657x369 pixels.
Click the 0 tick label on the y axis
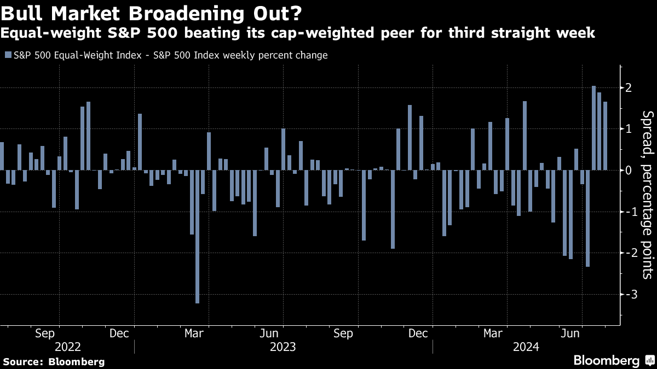(629, 171)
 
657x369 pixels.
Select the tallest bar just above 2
(593, 128)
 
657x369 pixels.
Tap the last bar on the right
(605, 136)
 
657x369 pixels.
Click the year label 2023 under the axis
(283, 347)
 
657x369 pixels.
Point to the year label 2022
(68, 347)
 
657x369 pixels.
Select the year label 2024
(526, 347)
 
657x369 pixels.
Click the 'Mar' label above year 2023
(194, 333)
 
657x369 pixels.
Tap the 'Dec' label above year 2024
(418, 333)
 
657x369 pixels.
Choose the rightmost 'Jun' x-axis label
(572, 333)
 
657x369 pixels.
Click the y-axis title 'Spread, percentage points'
(647, 194)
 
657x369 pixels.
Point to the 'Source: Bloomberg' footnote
(54, 361)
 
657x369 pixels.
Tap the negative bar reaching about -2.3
(588, 218)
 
